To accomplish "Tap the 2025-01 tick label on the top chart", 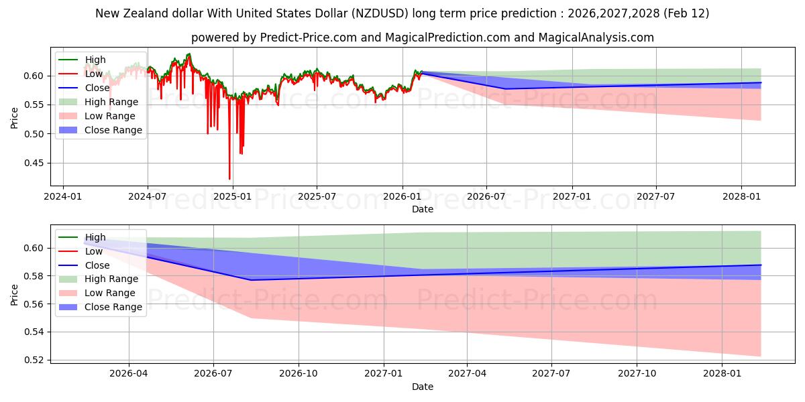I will pyautogui.click(x=232, y=197).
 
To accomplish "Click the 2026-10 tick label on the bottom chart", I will pyautogui.click(x=299, y=374).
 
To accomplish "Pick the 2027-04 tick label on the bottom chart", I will pyautogui.click(x=468, y=374).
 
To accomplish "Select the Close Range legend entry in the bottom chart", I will pyautogui.click(x=113, y=307).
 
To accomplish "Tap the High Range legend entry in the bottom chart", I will pyautogui.click(x=111, y=279).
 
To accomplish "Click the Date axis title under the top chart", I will pyautogui.click(x=423, y=209).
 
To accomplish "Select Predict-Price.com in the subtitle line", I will pyautogui.click(x=314, y=38).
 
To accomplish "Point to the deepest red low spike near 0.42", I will pyautogui.click(x=229, y=178).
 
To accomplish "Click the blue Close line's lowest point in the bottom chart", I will pyautogui.click(x=251, y=280).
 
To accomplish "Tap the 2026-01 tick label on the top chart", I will pyautogui.click(x=402, y=197).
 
